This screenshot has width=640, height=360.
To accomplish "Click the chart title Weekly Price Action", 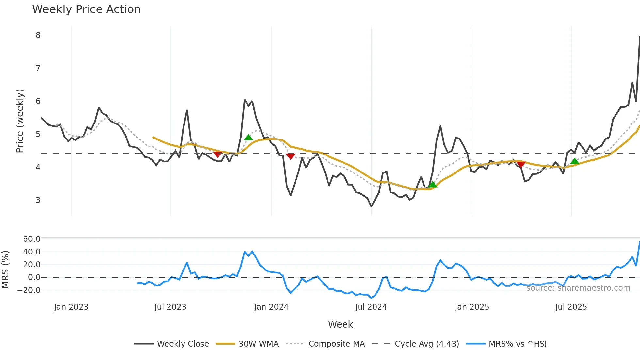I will pyautogui.click(x=86, y=9).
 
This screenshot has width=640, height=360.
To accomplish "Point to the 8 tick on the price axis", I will pyautogui.click(x=38, y=35).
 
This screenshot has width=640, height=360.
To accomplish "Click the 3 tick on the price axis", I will pyautogui.click(x=38, y=200).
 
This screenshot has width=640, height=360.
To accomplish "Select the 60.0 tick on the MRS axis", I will pyautogui.click(x=32, y=239).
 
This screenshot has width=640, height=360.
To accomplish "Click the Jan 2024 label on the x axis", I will pyautogui.click(x=271, y=307).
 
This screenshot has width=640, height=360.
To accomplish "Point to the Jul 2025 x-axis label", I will pyautogui.click(x=571, y=307).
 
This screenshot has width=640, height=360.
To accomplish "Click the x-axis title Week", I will pyautogui.click(x=340, y=324).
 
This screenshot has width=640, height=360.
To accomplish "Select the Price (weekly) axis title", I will pyautogui.click(x=20, y=121).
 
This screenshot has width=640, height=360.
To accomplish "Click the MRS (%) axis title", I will pyautogui.click(x=5, y=270).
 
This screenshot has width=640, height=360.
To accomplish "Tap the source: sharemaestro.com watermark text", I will pyautogui.click(x=578, y=288).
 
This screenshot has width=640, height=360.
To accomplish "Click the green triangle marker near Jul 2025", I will pyautogui.click(x=575, y=161).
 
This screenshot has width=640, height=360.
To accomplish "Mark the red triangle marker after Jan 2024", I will pyautogui.click(x=290, y=156).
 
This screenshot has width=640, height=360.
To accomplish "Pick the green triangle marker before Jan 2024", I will pyautogui.click(x=248, y=137).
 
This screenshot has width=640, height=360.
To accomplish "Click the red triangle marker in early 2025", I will pyautogui.click(x=521, y=164).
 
